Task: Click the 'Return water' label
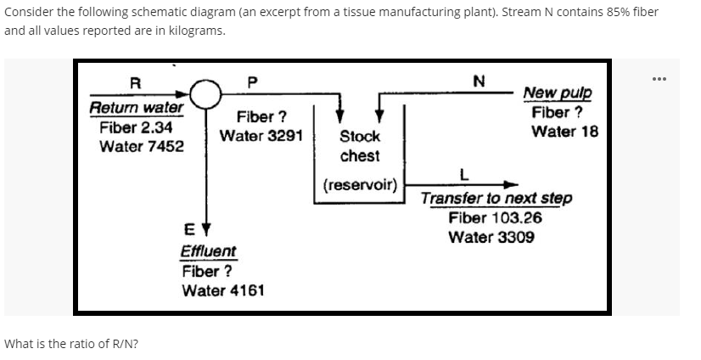[136, 108]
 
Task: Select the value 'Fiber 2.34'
[137, 127]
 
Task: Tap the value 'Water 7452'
[141, 145]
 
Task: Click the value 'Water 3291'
[261, 136]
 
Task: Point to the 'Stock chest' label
[360, 146]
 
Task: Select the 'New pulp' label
[558, 93]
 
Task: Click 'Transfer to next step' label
[496, 198]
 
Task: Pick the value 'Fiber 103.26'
[495, 217]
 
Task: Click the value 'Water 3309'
[491, 236]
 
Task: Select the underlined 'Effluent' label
[209, 251]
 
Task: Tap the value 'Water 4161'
[223, 290]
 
